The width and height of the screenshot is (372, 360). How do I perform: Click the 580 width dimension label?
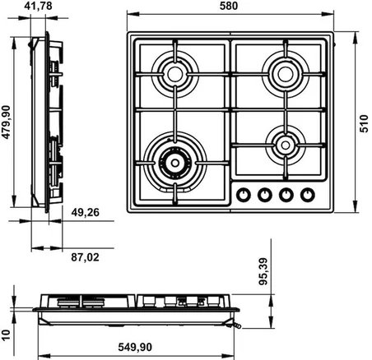tap(229, 6)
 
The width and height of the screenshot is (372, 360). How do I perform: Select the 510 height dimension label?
tap(364, 123)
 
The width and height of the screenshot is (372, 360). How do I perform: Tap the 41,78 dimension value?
tap(38, 6)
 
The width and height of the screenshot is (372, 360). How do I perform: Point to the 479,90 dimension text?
tap(6, 122)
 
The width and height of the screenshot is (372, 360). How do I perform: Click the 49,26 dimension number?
tap(85, 212)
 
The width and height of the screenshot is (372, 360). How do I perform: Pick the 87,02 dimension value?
tap(85, 257)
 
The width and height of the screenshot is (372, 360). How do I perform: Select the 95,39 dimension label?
tap(263, 271)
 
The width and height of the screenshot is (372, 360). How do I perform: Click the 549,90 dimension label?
tap(135, 347)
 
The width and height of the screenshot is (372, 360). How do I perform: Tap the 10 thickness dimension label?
tap(6, 335)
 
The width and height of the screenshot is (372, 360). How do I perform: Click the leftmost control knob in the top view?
tap(244, 195)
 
